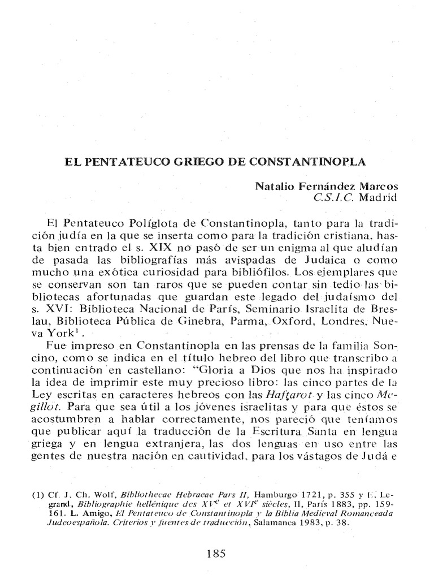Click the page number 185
(216, 555)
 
